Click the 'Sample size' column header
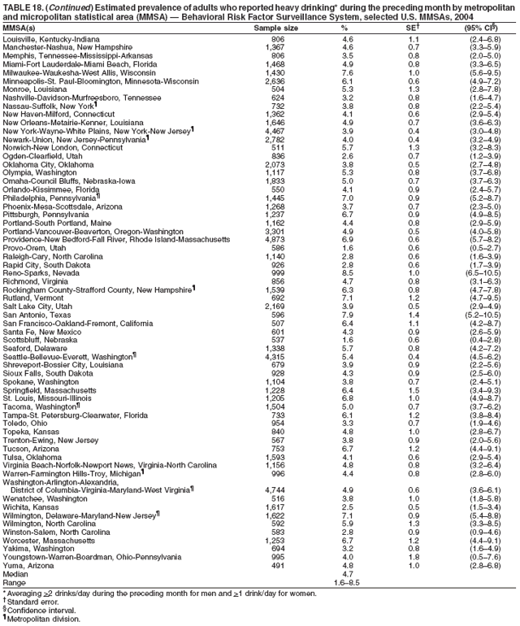click(273, 28)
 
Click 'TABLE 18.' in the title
click(23, 7)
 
